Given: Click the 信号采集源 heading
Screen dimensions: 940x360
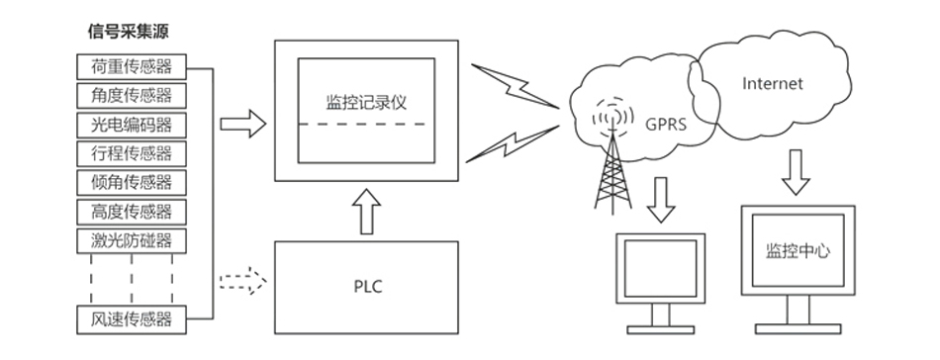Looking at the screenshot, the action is click(x=129, y=32).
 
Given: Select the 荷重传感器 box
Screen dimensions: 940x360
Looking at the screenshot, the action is click(x=132, y=66).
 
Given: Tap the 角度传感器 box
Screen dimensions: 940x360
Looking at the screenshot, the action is click(x=132, y=95).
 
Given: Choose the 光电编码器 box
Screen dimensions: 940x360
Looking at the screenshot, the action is click(x=132, y=125).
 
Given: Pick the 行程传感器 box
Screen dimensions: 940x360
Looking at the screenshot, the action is click(x=132, y=153).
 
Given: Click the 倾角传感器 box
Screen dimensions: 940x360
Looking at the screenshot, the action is click(x=132, y=182).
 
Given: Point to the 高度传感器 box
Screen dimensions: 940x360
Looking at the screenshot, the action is click(x=132, y=212).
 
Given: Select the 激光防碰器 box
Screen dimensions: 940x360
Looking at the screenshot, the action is click(x=132, y=240).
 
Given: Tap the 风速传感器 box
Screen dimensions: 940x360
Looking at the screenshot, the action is click(x=132, y=319).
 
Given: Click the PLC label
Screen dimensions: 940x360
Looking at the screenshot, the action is click(x=367, y=287).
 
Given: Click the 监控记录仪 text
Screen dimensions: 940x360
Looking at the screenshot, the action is click(x=366, y=102).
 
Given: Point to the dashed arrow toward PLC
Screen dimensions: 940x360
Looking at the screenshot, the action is click(x=242, y=281).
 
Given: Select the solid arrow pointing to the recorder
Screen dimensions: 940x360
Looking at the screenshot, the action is click(x=242, y=124).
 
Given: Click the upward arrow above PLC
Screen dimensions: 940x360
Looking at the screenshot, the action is click(x=366, y=212).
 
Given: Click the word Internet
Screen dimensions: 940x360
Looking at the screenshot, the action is click(x=772, y=83).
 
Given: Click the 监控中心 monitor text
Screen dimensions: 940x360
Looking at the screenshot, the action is click(x=798, y=250).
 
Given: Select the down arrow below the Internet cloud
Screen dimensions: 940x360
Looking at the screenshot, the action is click(x=796, y=172).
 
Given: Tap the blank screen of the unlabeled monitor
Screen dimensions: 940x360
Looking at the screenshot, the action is click(x=661, y=268).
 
